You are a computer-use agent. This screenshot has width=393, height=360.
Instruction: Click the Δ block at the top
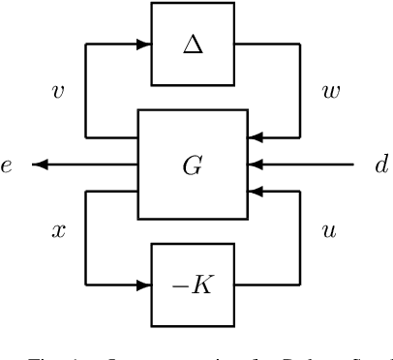coord(193,45)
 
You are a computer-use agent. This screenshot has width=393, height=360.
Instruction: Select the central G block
coord(193,165)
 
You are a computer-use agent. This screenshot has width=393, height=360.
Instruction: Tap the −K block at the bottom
coord(193,285)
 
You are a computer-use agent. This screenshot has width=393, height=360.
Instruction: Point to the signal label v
coord(57,92)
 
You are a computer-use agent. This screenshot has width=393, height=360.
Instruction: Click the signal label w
coord(330,92)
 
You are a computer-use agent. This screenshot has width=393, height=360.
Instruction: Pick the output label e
coord(8,165)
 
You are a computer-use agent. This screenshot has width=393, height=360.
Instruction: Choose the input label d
coord(380,165)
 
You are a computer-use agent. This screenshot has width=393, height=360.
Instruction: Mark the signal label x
coord(57,232)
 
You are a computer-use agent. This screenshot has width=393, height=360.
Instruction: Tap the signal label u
coord(328,232)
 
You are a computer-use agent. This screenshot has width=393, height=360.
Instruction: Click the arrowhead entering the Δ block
coord(144,45)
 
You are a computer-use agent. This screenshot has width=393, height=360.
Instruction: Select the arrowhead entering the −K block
coord(144,285)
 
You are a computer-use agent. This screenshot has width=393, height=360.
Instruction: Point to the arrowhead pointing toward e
coord(39,165)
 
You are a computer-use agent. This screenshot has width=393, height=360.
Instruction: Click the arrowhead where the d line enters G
coord(255,165)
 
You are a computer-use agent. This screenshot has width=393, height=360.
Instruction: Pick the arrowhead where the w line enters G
coord(255,137)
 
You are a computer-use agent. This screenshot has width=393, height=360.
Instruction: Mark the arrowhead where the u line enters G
coord(255,192)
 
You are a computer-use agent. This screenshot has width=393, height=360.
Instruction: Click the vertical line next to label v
coord(86,92)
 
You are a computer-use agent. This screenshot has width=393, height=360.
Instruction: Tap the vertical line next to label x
coord(86,237)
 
